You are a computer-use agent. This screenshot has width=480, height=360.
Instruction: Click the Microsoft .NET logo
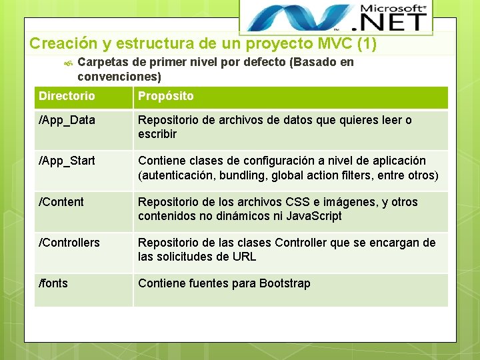tap(335, 18)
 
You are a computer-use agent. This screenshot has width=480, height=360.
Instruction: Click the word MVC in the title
tap(336, 44)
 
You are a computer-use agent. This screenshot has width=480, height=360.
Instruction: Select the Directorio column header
tap(67, 96)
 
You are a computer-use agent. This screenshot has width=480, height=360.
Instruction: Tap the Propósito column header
tap(165, 96)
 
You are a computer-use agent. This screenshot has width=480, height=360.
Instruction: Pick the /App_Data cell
tap(67, 121)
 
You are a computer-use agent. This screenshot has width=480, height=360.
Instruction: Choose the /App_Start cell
tap(67, 161)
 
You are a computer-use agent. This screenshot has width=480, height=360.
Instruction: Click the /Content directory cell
tap(61, 202)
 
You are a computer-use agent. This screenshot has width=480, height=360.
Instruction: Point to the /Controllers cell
tap(69, 243)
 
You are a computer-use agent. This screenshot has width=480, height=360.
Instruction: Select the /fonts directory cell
tap(53, 283)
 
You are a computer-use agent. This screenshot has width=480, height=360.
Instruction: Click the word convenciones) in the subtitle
tap(119, 77)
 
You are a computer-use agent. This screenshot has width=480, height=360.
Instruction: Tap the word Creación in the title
tap(64, 44)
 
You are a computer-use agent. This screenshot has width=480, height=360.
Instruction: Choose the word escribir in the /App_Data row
tap(157, 134)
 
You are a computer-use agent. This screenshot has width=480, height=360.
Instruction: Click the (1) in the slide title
tap(367, 44)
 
